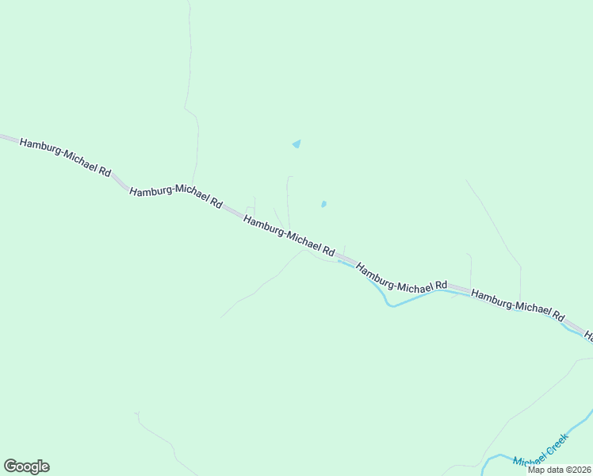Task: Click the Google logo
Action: click(26, 466)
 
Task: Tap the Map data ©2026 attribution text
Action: click(560, 470)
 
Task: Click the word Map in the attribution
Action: click(537, 470)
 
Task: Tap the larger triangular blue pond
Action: click(296, 144)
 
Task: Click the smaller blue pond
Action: click(323, 204)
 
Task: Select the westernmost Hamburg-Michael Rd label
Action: click(65, 156)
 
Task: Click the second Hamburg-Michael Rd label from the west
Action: click(175, 197)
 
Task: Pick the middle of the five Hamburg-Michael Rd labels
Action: click(289, 236)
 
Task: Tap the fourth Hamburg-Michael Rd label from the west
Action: click(402, 278)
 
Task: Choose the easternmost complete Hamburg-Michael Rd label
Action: click(517, 304)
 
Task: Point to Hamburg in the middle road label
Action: click(263, 226)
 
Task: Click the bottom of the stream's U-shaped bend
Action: click(390, 304)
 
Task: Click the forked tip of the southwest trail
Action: click(136, 413)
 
